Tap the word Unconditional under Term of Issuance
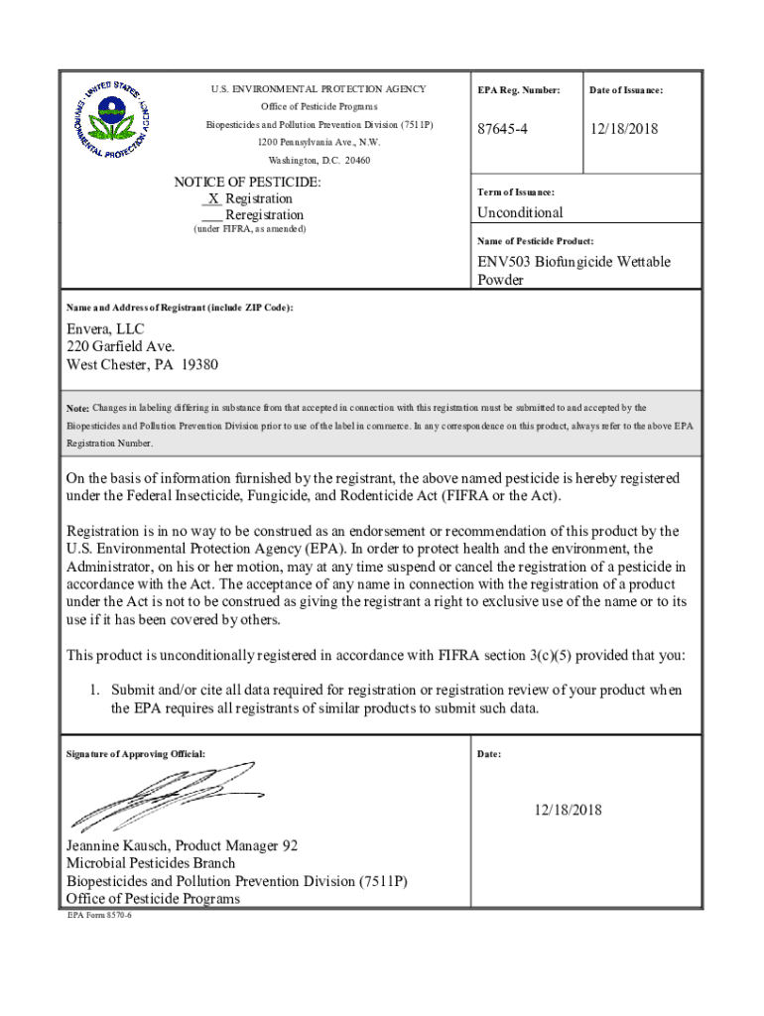[519, 212]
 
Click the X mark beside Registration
[213, 198]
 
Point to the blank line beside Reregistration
[210, 216]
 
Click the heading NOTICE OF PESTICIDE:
[247, 182]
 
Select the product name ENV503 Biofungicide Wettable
[573, 262]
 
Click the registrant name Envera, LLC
[105, 328]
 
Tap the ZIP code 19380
[198, 364]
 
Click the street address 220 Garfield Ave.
[120, 346]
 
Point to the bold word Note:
[77, 409]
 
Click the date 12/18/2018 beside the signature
[567, 811]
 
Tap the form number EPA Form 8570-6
[99, 915]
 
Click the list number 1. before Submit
[97, 690]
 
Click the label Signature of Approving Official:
[135, 754]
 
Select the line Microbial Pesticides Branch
[151, 863]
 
